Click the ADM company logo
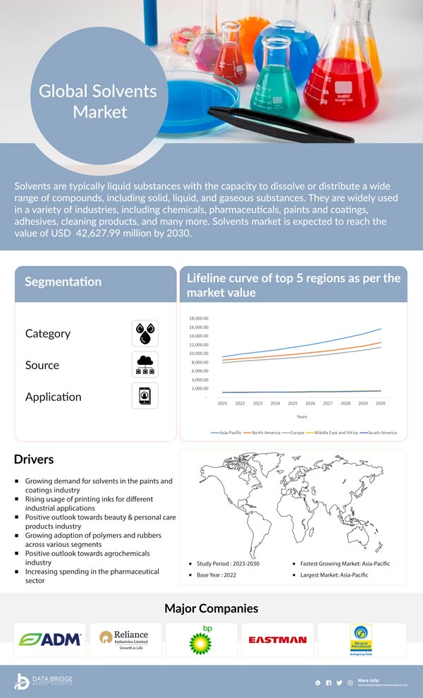50,639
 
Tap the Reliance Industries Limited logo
125,639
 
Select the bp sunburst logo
201,640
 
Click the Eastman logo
277,640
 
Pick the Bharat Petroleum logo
361,640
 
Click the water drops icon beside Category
145,333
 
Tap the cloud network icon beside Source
145,364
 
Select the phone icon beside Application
145,395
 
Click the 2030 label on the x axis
381,403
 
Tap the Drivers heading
34,459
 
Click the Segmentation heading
63,282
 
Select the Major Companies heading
211,608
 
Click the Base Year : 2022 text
221,575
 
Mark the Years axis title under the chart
302,416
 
